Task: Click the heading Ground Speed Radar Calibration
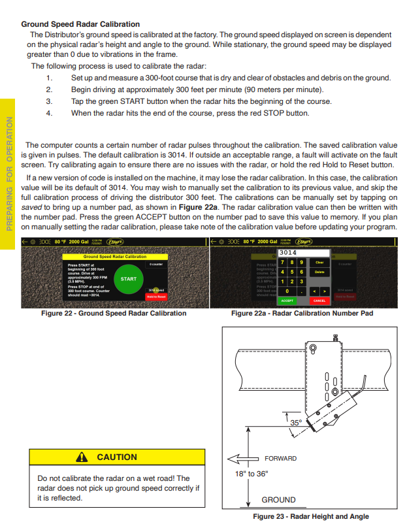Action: coord(80,24)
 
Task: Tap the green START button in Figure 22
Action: coord(129,279)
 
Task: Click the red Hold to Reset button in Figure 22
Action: coord(156,297)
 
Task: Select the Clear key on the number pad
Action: coord(319,262)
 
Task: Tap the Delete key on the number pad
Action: coord(319,272)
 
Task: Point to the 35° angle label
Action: coord(296,423)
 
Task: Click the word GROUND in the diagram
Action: coord(278,500)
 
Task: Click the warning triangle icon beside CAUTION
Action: coord(82,457)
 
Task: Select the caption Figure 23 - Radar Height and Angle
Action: coord(310,516)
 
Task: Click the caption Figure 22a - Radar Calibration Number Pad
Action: coord(302,313)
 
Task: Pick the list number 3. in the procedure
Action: coord(48,101)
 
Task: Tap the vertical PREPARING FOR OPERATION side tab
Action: coord(9,173)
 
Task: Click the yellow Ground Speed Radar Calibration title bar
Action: coord(114,257)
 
